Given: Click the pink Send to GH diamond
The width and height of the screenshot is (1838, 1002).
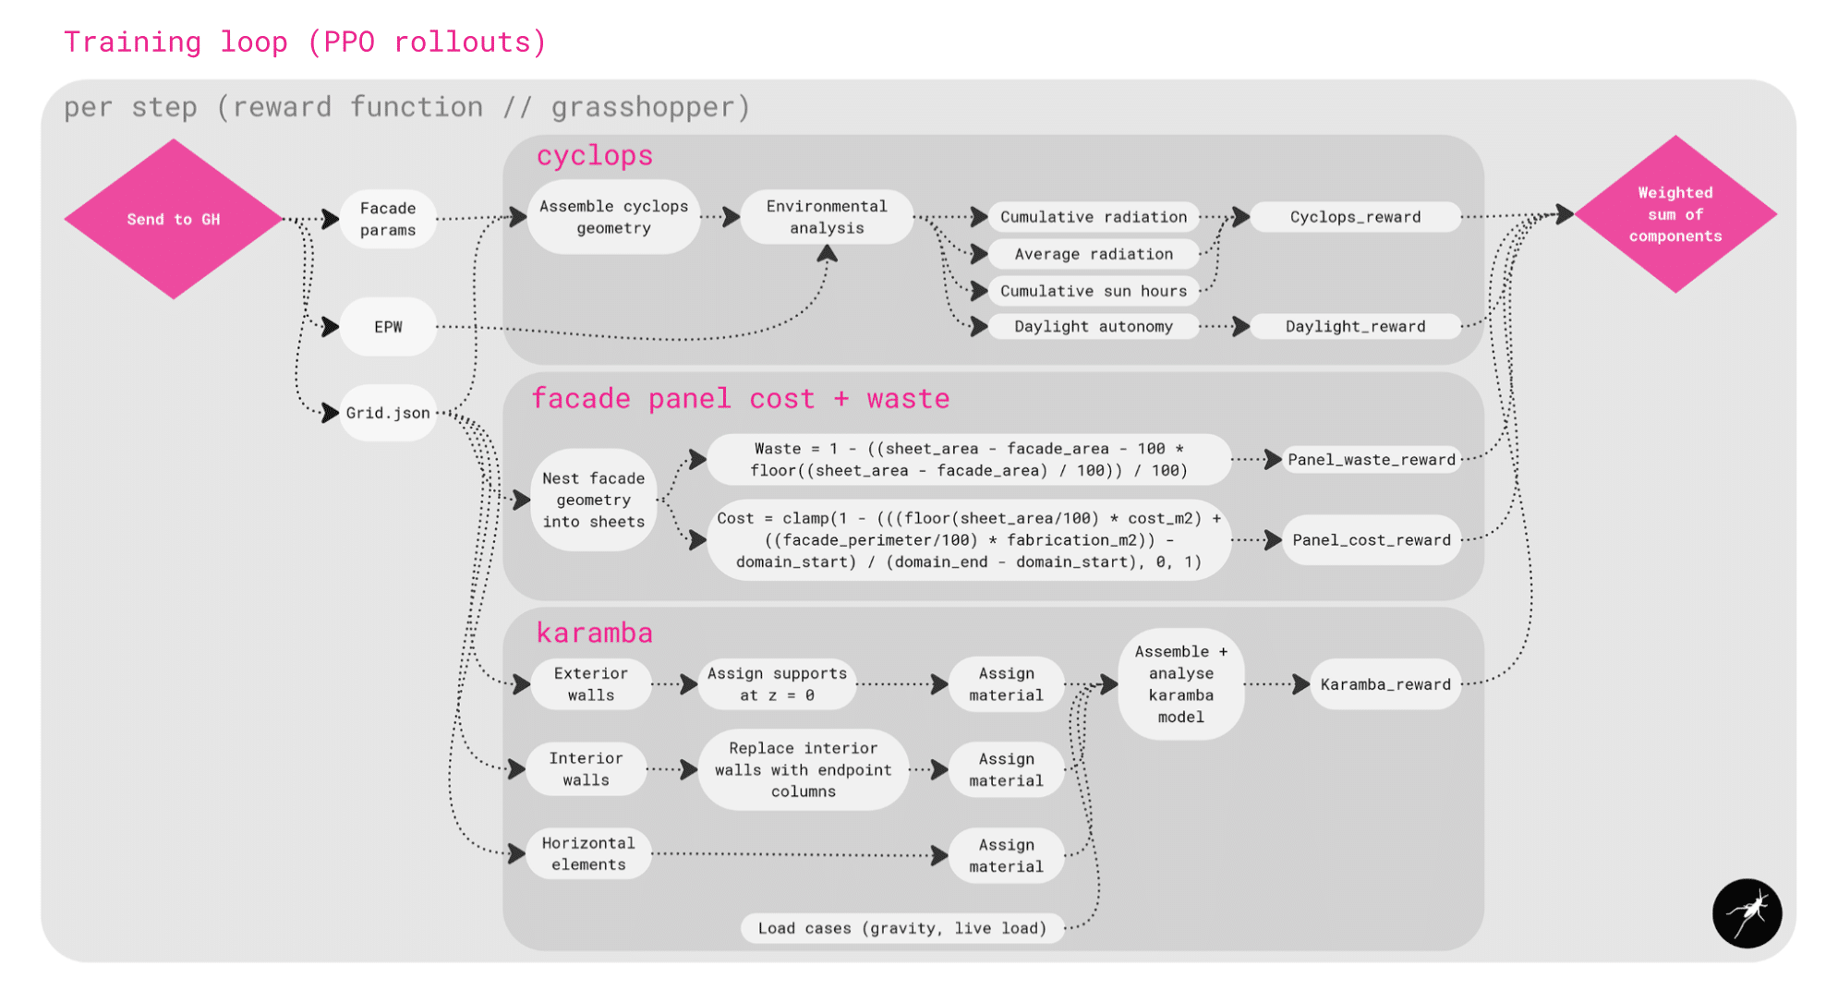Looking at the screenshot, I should click(x=173, y=219).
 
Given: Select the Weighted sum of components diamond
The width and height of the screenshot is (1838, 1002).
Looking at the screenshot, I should click(x=1675, y=214).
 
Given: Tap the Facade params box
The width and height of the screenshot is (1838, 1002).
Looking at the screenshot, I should click(x=388, y=219).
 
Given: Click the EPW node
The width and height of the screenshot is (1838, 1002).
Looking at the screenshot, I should click(x=388, y=327).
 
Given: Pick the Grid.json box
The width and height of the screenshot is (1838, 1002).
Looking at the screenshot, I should click(x=388, y=413).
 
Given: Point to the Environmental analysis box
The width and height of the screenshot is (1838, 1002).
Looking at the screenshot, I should click(x=827, y=217).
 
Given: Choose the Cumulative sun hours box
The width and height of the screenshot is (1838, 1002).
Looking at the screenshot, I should click(x=1094, y=291).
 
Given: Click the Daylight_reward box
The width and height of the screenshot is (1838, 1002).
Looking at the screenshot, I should click(x=1355, y=326).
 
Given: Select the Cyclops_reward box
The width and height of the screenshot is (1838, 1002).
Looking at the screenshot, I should click(x=1355, y=217).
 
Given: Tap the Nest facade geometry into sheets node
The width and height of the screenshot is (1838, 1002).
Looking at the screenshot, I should click(x=593, y=500).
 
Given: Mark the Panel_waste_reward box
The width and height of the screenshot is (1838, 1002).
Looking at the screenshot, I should click(x=1371, y=459).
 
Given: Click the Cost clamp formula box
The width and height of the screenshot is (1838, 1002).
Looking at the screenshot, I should click(x=969, y=540).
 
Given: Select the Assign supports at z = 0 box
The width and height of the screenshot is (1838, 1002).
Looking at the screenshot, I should click(x=777, y=684).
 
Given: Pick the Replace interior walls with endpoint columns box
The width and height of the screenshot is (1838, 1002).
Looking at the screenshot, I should click(x=803, y=769).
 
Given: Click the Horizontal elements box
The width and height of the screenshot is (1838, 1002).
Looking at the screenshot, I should click(x=588, y=853).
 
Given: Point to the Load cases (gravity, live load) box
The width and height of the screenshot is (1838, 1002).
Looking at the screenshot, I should click(x=901, y=928).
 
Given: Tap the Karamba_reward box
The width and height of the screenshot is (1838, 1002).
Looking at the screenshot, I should click(x=1385, y=684).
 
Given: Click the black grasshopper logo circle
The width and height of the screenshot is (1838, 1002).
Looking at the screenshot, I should click(x=1747, y=913).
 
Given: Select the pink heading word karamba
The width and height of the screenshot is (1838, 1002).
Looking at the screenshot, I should click(x=594, y=633).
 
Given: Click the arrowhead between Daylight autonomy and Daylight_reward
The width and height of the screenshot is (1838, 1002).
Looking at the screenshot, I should click(x=1240, y=326).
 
